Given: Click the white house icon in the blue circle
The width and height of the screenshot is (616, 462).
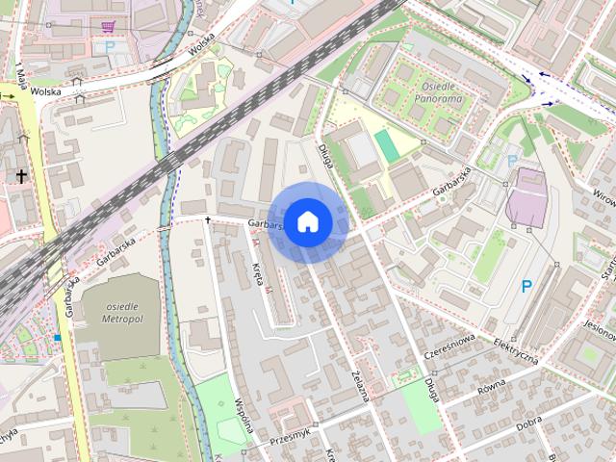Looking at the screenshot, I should pyautogui.click(x=307, y=221).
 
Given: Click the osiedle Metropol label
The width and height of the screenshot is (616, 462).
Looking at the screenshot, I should pyautogui.click(x=121, y=311).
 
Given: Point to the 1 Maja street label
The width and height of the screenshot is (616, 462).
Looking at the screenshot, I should pyautogui.click(x=20, y=72).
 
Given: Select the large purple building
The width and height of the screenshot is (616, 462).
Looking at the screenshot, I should pyautogui.click(x=526, y=197).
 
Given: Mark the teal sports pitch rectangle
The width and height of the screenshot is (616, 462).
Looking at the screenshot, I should pyautogui.click(x=386, y=147).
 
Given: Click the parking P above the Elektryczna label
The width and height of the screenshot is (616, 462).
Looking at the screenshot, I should pyautogui.click(x=526, y=286).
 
